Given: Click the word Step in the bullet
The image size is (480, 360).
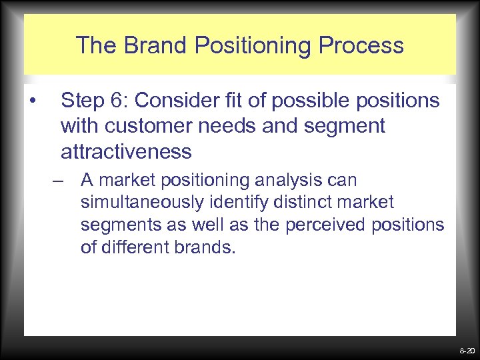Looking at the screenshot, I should pos(83,101).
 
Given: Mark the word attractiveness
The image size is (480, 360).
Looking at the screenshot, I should pos(126,151).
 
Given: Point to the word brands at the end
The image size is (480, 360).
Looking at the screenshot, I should pos(210,247).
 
